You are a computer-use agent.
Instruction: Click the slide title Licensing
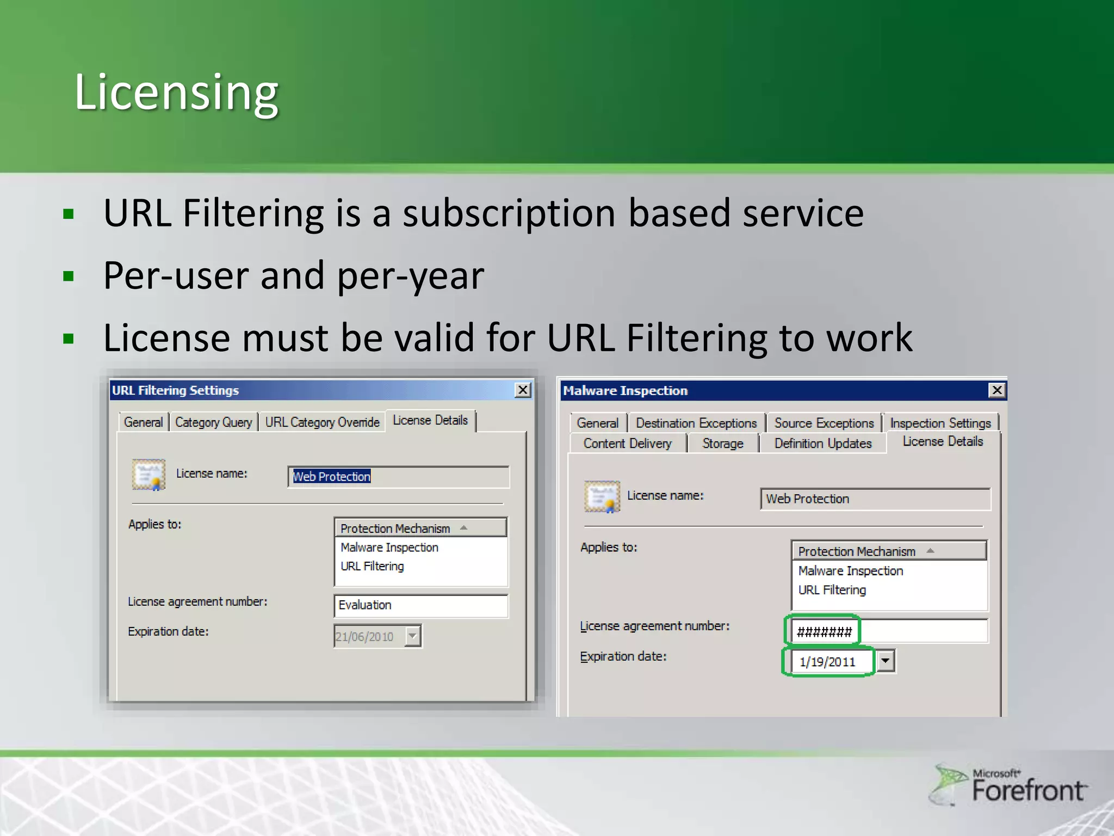pos(176,92)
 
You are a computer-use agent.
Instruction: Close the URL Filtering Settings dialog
pos(523,390)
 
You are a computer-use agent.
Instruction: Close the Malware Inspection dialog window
pos(997,390)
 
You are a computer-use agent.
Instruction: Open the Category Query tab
pos(214,422)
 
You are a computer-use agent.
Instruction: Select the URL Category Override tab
pos(322,422)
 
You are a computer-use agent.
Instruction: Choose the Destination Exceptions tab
pos(696,423)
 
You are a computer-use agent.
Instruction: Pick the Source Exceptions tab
pos(824,423)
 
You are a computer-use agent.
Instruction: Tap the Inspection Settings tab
pos(940,423)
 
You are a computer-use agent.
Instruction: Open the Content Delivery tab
pos(627,444)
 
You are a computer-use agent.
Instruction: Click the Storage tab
pos(722,444)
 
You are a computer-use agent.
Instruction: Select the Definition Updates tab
pos(822,444)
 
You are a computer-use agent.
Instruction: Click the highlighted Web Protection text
pos(332,477)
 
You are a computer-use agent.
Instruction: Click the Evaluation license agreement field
pos(420,605)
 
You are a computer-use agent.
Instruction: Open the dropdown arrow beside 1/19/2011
pos(886,661)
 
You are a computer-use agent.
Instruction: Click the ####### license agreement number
pos(824,632)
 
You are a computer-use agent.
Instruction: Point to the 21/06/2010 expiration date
pos(364,636)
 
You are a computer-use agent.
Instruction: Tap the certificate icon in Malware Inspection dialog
pos(602,496)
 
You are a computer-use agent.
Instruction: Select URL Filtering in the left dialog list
pos(372,567)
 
